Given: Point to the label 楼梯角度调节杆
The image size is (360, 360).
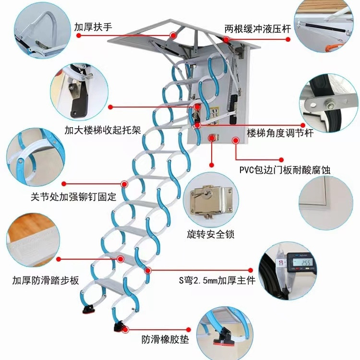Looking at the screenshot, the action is [x=280, y=133].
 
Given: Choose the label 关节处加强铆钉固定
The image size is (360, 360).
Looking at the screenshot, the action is [x=73, y=197].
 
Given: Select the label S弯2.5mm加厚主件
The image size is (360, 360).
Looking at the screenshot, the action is [x=217, y=280].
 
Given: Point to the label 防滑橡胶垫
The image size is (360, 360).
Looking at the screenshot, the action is [x=165, y=340].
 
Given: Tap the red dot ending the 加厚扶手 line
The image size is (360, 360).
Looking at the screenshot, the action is [x=173, y=35].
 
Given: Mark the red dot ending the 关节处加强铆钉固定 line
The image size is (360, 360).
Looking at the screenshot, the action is [x=125, y=183].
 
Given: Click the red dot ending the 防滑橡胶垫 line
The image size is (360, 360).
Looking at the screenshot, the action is [x=126, y=329].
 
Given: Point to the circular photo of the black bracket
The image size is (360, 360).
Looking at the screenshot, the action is [x=79, y=91].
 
